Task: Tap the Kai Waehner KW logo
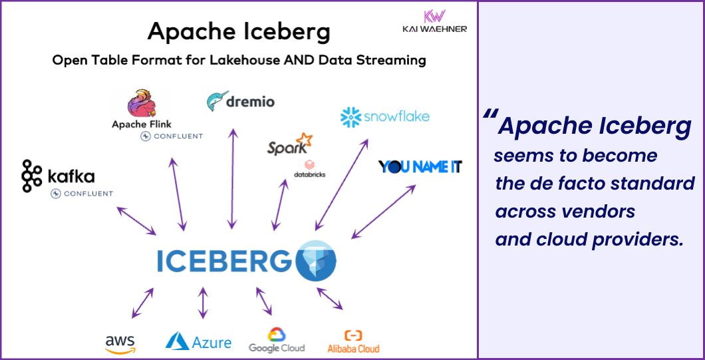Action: click(x=434, y=16)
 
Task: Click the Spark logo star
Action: click(x=304, y=140)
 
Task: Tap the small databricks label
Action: click(x=309, y=174)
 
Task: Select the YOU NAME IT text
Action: click(x=420, y=166)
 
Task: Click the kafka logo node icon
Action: click(x=31, y=176)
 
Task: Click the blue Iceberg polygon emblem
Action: click(x=315, y=260)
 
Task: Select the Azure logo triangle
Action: click(x=177, y=341)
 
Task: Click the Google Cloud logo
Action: click(x=277, y=339)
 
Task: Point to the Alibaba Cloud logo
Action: click(x=353, y=341)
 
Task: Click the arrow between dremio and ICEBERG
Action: click(x=231, y=180)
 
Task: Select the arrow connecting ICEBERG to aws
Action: click(x=142, y=303)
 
